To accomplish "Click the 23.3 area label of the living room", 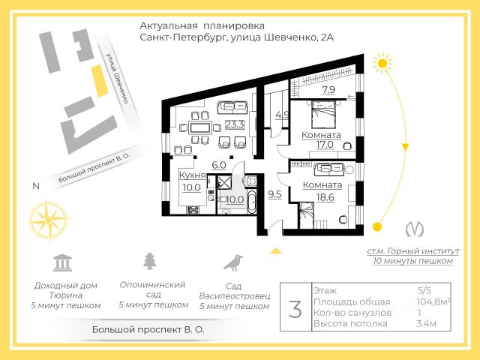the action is pos(235,125).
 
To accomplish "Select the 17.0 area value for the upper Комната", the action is pos(325,145).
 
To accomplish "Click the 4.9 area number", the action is pos(282,115).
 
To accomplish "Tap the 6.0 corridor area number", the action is pos(218,165).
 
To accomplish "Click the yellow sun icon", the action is pos(385,64).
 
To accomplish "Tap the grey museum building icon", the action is pos(62,262).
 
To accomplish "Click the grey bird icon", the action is pos(235,262).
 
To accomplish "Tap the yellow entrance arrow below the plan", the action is pos(277,252).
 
